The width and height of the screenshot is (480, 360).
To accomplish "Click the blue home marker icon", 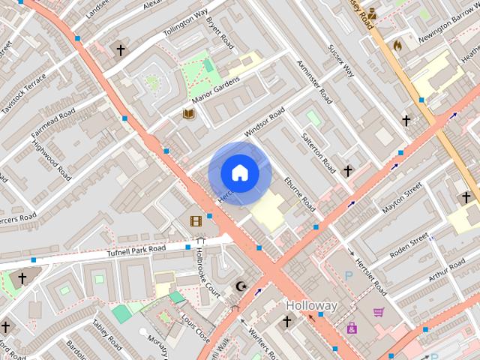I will pyautogui.click(x=240, y=173).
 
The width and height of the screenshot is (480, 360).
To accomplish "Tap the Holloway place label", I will pyautogui.click(x=312, y=306).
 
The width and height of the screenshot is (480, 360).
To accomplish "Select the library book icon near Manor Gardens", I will pyautogui.click(x=189, y=113).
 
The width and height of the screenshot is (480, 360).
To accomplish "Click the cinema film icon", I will pyautogui.click(x=196, y=220).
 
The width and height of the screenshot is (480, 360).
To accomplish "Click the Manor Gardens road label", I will pyautogui.click(x=215, y=88).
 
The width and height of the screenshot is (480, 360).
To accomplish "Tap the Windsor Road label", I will pyautogui.click(x=264, y=123).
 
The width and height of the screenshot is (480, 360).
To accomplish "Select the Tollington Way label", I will pyautogui.click(x=184, y=24).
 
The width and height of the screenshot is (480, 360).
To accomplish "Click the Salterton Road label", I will pyautogui.click(x=318, y=146).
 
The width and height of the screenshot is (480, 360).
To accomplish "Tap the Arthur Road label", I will pyautogui.click(x=446, y=272).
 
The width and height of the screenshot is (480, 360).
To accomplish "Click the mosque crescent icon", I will pyautogui.click(x=241, y=286).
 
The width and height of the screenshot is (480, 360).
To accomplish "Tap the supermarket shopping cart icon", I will pyautogui.click(x=379, y=312).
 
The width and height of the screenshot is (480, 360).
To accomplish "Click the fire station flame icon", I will pyautogui.click(x=397, y=46).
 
